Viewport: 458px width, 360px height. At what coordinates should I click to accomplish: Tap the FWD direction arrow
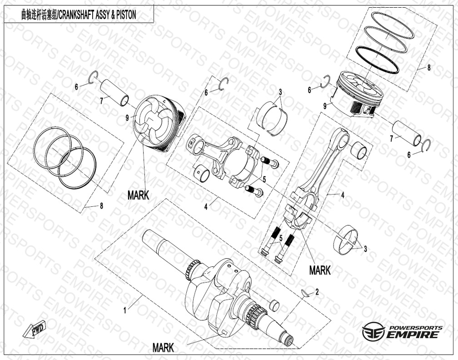tap(34, 330)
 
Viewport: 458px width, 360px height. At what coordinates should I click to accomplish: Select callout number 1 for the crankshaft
tap(125, 310)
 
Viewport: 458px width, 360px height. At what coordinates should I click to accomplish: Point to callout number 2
tap(317, 292)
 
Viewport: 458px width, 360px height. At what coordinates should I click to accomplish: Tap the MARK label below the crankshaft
tap(163, 348)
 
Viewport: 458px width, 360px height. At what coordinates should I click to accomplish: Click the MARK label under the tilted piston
tap(138, 195)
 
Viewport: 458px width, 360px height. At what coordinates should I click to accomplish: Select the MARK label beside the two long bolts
tap(320, 270)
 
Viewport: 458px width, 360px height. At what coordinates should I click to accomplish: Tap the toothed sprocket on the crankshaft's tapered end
tap(252, 312)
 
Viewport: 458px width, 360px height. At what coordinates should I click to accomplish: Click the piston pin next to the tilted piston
tap(114, 92)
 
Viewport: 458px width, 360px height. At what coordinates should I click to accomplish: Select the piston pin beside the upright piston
tap(406, 133)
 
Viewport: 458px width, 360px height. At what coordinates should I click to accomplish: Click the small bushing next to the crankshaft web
tap(274, 305)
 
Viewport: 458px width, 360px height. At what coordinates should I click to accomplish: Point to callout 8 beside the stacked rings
tap(429, 68)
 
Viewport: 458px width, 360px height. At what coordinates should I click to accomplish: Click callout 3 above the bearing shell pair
tap(280, 92)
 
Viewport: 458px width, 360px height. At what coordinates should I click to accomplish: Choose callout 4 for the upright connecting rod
tap(343, 195)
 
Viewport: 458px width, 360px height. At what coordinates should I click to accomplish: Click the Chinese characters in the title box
tap(38, 15)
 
